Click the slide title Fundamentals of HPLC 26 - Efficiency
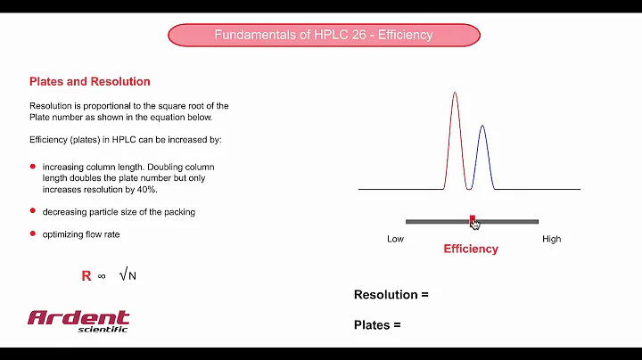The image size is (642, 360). (324, 35)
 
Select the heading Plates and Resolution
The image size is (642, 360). (89, 82)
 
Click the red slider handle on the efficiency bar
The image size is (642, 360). (472, 218)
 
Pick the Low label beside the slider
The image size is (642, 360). (396, 240)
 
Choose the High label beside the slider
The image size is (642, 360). (551, 240)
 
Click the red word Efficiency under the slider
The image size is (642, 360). (470, 249)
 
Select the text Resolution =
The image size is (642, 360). (391, 295)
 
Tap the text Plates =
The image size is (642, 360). (377, 325)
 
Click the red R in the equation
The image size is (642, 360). (86, 276)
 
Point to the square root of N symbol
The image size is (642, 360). (128, 275)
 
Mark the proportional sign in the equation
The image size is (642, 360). (102, 276)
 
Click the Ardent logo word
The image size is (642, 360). (78, 318)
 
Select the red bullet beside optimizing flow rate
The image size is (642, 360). (33, 233)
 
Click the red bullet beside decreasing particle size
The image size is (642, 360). (33, 211)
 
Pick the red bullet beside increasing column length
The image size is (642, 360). (33, 167)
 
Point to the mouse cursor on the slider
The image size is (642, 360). (476, 225)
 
